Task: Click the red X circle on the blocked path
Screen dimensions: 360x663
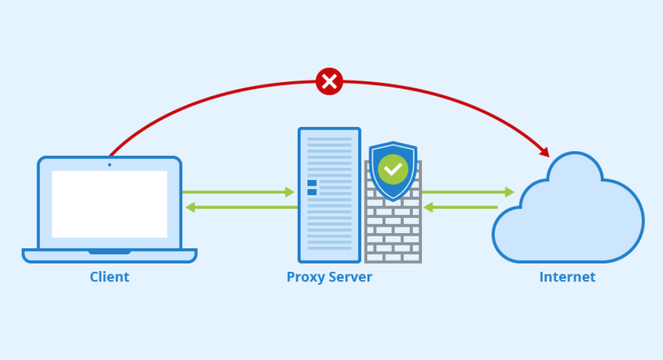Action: click(329, 81)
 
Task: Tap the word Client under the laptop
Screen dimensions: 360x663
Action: click(110, 277)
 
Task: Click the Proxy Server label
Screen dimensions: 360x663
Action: click(329, 277)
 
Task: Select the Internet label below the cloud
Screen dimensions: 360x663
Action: click(567, 277)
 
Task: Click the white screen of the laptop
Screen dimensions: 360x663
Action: click(110, 204)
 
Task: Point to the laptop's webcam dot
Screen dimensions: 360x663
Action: click(110, 164)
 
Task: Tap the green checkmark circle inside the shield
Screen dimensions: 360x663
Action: click(393, 168)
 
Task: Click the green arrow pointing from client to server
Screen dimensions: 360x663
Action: click(238, 192)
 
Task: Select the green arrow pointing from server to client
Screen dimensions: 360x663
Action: click(238, 207)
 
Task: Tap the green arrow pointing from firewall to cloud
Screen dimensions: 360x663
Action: click(469, 192)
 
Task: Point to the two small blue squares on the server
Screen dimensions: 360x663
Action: click(312, 188)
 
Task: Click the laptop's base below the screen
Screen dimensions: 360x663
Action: click(110, 255)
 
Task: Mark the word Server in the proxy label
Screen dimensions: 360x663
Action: click(349, 277)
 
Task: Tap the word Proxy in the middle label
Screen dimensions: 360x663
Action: click(305, 277)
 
